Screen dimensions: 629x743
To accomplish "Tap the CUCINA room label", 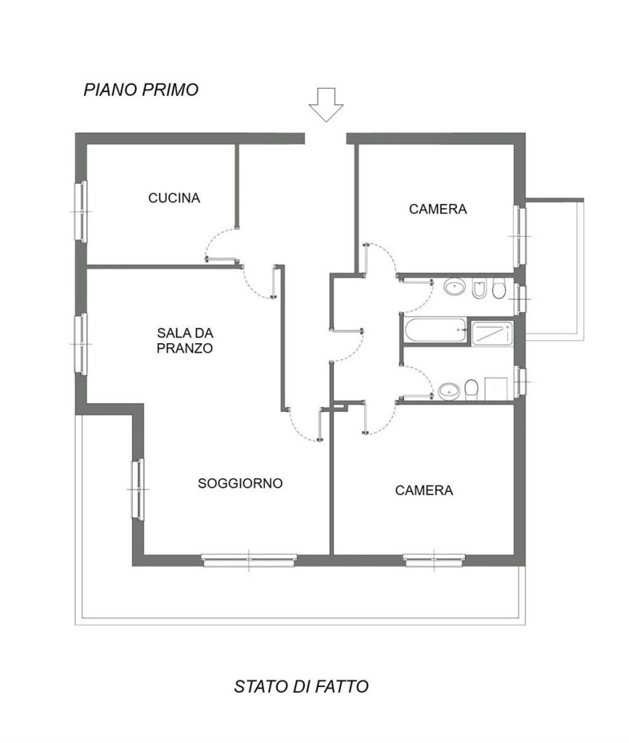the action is (x=174, y=197).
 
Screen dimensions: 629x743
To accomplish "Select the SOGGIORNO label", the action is (x=240, y=483).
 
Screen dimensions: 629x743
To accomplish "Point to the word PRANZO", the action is (x=185, y=348).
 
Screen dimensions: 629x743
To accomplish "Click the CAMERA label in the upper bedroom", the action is (x=438, y=209).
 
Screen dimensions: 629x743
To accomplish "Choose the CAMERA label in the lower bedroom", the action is (x=424, y=490).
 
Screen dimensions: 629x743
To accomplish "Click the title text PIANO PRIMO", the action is (x=141, y=89).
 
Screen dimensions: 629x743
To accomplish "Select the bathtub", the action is (x=435, y=330).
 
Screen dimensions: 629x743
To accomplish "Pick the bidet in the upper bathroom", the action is (x=478, y=289).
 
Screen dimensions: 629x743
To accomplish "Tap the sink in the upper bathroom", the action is (x=455, y=287).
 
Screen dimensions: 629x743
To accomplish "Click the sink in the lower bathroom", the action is (x=448, y=391).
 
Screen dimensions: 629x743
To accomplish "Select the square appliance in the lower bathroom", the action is (x=496, y=389).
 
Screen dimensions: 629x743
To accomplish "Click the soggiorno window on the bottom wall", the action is (x=250, y=560).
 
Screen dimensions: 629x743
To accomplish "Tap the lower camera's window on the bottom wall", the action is (x=435, y=560).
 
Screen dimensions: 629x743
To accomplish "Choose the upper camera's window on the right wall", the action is (x=520, y=237).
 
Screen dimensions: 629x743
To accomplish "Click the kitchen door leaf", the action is (x=221, y=260).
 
